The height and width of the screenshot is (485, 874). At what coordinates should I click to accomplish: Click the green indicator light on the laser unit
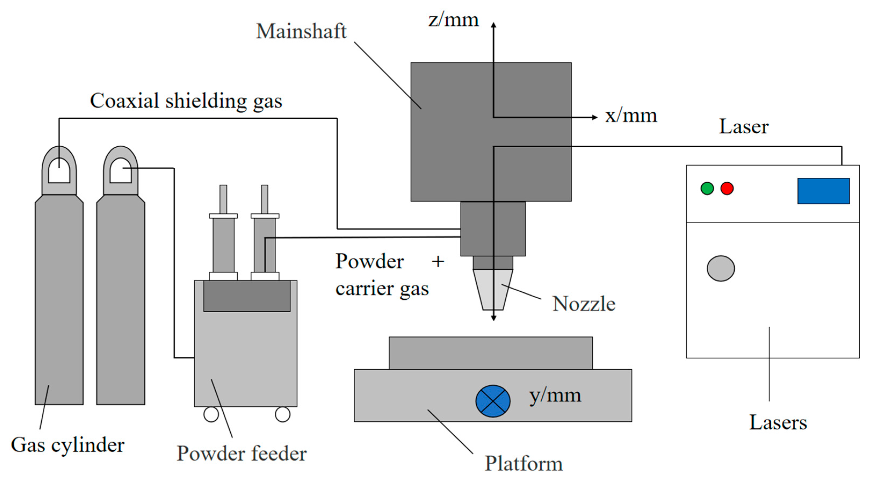[x=707, y=188]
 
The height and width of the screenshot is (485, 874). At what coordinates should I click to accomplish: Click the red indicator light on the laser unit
[x=727, y=188]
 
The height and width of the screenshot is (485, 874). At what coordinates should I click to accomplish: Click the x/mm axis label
[x=631, y=116]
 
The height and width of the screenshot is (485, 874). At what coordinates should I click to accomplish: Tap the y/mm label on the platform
[x=555, y=395]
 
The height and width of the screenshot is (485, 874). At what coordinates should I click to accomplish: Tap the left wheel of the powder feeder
[x=211, y=414]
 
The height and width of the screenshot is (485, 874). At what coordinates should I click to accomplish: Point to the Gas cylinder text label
[x=67, y=445]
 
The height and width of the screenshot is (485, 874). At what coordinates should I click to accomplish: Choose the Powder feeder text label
[x=242, y=453]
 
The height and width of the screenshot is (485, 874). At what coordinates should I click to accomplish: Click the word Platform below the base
[x=524, y=463]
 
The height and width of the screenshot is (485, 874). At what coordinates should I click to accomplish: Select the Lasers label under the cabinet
[x=778, y=422]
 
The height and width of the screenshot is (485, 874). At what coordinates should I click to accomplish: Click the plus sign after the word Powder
[x=438, y=261]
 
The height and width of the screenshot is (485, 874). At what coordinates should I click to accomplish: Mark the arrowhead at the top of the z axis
[x=494, y=25]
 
